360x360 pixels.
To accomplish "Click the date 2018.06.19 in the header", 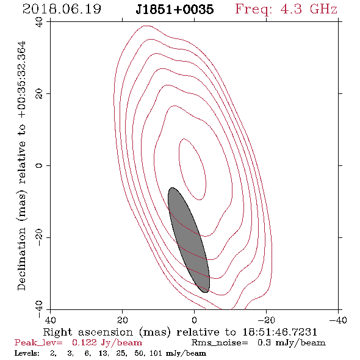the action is coord(62,9).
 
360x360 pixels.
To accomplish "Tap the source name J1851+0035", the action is coord(175,9).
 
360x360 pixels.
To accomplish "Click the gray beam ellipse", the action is coord(189,240).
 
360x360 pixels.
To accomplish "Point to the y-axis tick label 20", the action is coord(39,94).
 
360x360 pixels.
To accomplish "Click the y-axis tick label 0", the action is coord(39,165).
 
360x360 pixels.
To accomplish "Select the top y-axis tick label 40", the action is coord(39,22).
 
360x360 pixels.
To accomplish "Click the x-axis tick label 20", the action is coord(123,320).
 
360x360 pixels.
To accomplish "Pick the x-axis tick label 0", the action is coord(194,320).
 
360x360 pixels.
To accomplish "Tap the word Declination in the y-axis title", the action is coord(21,259).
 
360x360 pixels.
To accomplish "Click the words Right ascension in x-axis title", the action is coord(88,332).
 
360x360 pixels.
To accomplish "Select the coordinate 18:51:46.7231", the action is coord(280,332).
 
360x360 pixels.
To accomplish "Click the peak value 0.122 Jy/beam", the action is coord(107,343).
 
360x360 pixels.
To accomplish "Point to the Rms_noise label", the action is coord(220,343).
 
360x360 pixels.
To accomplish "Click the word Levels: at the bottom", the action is coord(27,353).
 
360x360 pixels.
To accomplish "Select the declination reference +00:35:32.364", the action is coord(22,80).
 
